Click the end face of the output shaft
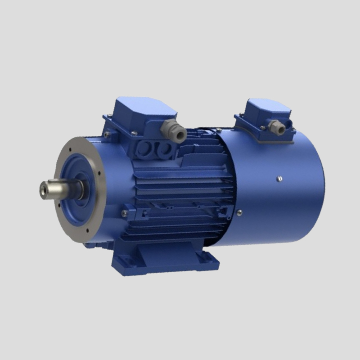coord(44,188)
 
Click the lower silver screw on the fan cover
coord(239,212)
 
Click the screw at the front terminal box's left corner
coord(106,134)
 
